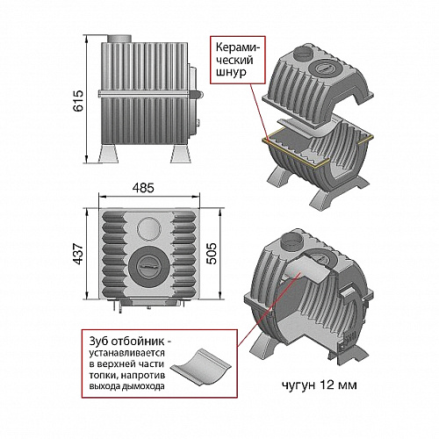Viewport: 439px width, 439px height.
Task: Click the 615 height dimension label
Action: [x=78, y=101]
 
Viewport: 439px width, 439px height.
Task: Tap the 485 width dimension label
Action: [x=143, y=188]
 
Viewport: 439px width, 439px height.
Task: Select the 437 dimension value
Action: [x=78, y=254]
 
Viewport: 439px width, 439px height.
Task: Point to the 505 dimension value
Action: [x=212, y=254]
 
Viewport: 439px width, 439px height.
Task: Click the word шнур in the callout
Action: [x=231, y=72]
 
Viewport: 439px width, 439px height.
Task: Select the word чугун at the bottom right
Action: [x=299, y=385]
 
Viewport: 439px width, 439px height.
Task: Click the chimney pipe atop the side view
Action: [x=119, y=39]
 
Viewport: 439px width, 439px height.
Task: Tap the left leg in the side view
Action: [x=109, y=153]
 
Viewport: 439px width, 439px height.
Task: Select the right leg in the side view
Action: [x=180, y=153]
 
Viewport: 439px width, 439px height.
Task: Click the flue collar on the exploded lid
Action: [x=301, y=53]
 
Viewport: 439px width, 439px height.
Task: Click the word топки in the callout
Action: [x=101, y=376]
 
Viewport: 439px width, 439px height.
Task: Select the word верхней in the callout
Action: [x=121, y=364]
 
